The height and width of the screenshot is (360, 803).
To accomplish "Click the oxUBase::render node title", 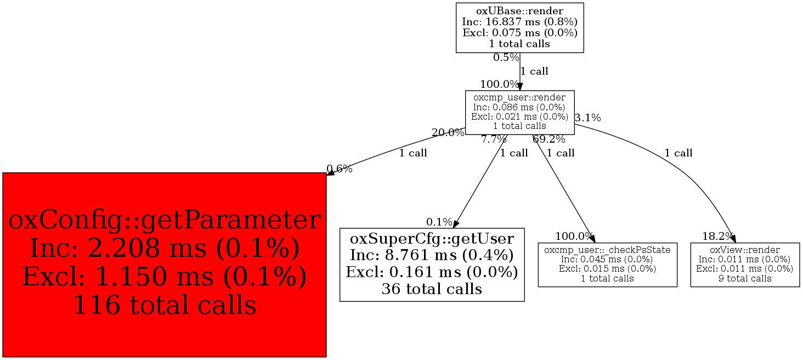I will pyautogui.click(x=519, y=10).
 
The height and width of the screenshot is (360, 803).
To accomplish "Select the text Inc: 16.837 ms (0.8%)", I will pyautogui.click(x=519, y=22).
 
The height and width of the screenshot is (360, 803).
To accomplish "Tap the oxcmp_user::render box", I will pyautogui.click(x=519, y=112).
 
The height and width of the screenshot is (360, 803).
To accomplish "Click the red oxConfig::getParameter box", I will pyautogui.click(x=165, y=265).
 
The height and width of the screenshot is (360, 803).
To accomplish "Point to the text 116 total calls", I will pyautogui.click(x=165, y=305).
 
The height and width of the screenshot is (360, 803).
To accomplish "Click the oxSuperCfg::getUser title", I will pyautogui.click(x=432, y=239).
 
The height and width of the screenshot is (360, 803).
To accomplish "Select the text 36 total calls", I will pyautogui.click(x=432, y=289).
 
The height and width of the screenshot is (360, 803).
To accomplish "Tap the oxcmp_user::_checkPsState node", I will pyautogui.click(x=607, y=264).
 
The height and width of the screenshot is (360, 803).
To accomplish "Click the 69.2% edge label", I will pyautogui.click(x=548, y=139).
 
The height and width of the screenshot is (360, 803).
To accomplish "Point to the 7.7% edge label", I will pyautogui.click(x=494, y=139).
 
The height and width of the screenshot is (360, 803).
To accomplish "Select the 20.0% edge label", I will pyautogui.click(x=448, y=132).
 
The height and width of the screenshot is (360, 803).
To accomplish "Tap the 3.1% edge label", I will pyautogui.click(x=587, y=117).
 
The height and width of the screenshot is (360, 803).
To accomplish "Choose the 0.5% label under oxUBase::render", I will pyautogui.click(x=506, y=57).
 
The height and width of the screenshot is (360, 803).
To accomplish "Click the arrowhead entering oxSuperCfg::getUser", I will pyautogui.click(x=456, y=224).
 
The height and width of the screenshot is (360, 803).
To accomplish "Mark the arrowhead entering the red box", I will pyautogui.click(x=331, y=173).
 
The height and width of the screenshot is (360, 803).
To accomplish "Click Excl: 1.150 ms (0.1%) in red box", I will pyautogui.click(x=165, y=277).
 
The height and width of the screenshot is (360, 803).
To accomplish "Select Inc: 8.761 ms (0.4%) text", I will pyautogui.click(x=432, y=256).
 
